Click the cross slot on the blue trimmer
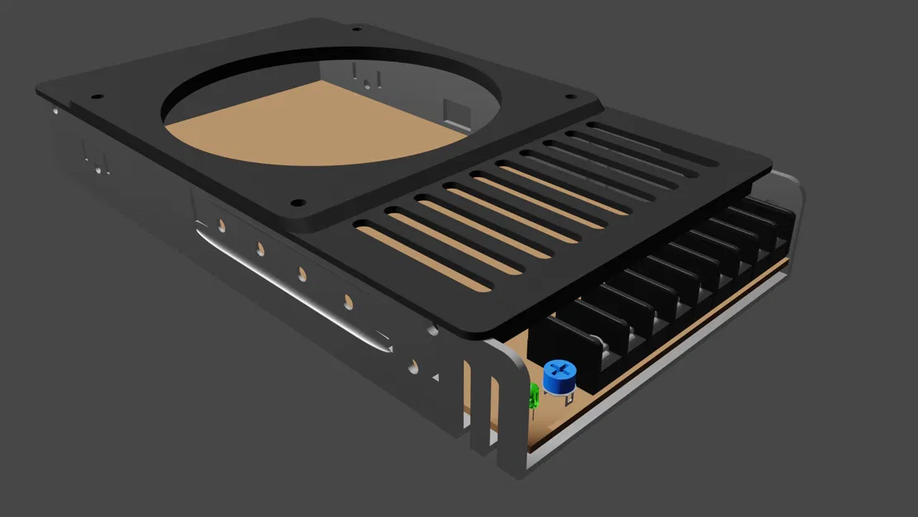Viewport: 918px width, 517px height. (x=561, y=369)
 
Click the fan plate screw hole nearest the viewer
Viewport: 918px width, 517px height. (x=295, y=201)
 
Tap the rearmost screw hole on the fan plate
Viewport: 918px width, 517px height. (x=355, y=27)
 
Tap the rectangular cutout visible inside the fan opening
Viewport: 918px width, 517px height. (x=454, y=109)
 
